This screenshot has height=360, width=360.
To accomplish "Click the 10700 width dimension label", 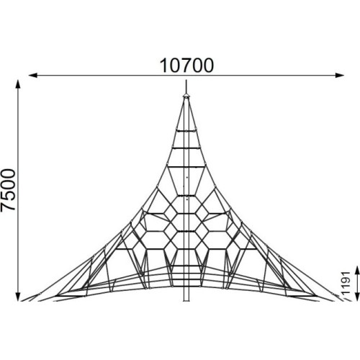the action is pos(186,66).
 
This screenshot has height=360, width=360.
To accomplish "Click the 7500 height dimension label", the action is pos(8,190).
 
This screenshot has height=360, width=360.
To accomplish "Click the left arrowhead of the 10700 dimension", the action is pos(33,76).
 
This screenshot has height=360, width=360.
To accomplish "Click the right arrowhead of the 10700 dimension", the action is pos(340,76).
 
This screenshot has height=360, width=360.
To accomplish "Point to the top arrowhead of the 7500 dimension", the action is pos(18,84).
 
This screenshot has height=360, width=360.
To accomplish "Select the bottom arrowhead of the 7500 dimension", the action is pos(18,297).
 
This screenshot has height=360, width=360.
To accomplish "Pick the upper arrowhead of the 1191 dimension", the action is pos(357,270).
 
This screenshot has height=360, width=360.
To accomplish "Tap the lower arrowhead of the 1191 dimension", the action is pos(357,297).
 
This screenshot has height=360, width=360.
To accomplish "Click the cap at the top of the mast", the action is pos(186,96).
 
